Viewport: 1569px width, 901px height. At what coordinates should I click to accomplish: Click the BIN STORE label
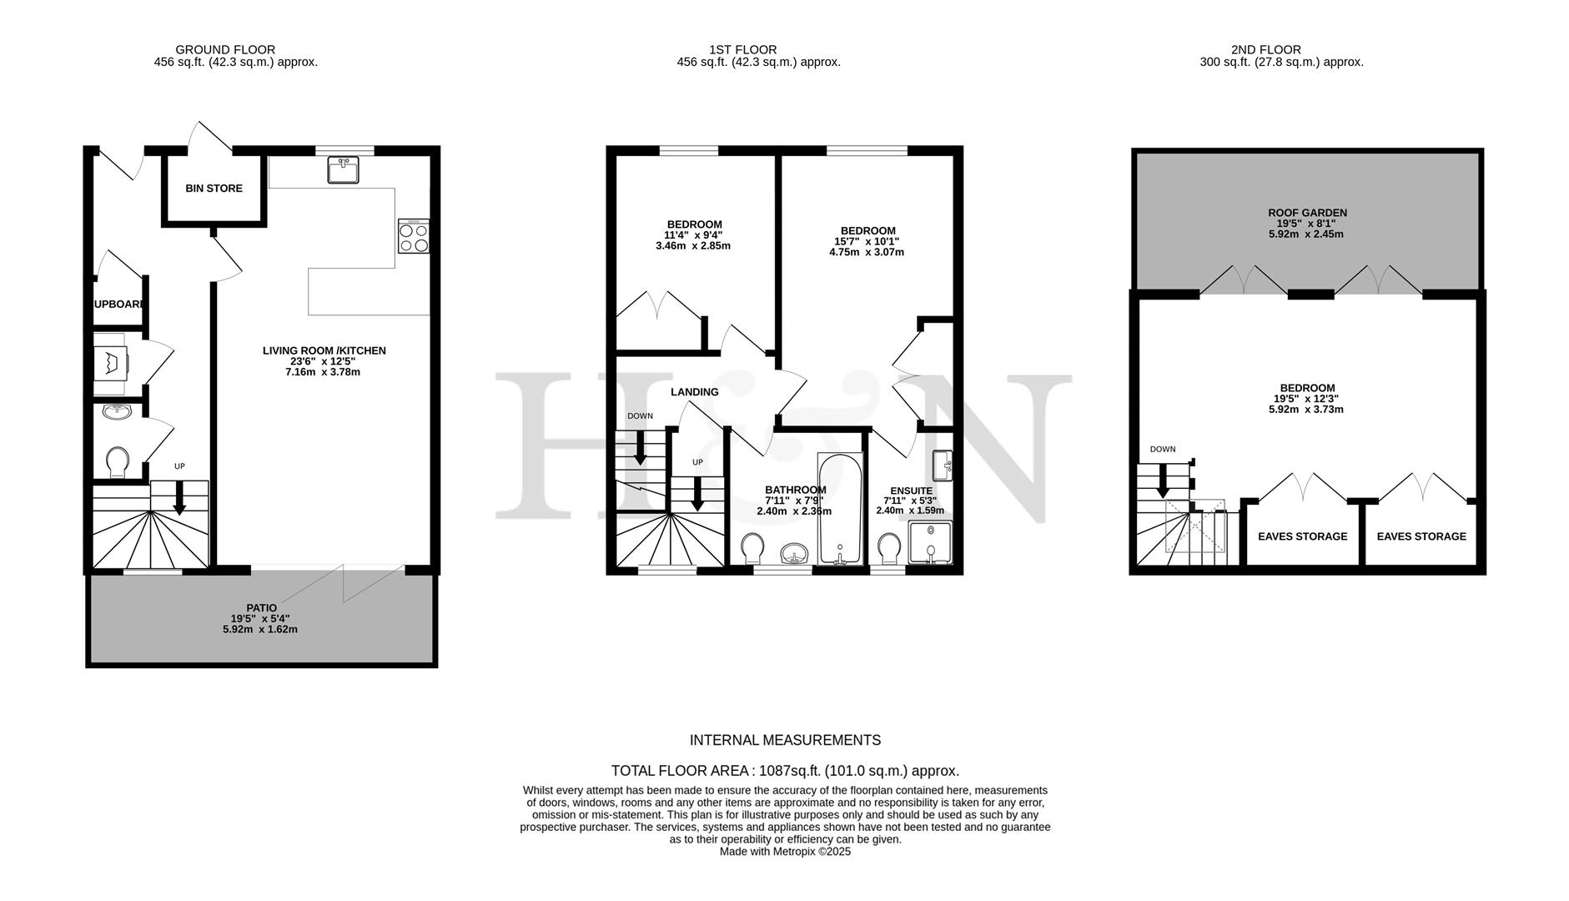tap(214, 189)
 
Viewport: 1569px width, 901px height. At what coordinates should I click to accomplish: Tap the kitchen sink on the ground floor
tap(344, 169)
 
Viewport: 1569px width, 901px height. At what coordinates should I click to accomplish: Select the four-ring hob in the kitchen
tap(414, 236)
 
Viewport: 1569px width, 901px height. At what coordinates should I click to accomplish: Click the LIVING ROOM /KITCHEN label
tap(324, 351)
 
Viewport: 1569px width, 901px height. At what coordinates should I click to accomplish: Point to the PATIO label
tap(261, 607)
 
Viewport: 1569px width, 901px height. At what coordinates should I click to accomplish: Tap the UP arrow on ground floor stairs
tap(179, 499)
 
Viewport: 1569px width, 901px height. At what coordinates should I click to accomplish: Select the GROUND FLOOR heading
tap(225, 49)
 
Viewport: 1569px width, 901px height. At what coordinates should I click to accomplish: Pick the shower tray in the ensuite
tap(929, 542)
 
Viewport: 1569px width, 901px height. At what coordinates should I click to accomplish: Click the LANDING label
tap(694, 392)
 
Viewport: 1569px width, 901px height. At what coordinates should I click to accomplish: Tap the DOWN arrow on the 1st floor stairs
tap(641, 448)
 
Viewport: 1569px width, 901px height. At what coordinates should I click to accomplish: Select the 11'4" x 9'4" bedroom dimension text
tap(694, 235)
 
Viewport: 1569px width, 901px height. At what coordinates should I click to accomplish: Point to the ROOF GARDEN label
tap(1306, 213)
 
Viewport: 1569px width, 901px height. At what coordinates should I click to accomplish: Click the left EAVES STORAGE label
tap(1302, 536)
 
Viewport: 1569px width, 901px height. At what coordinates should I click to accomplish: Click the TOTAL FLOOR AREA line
tap(785, 771)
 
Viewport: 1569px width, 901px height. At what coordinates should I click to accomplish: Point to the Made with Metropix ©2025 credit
tap(785, 852)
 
